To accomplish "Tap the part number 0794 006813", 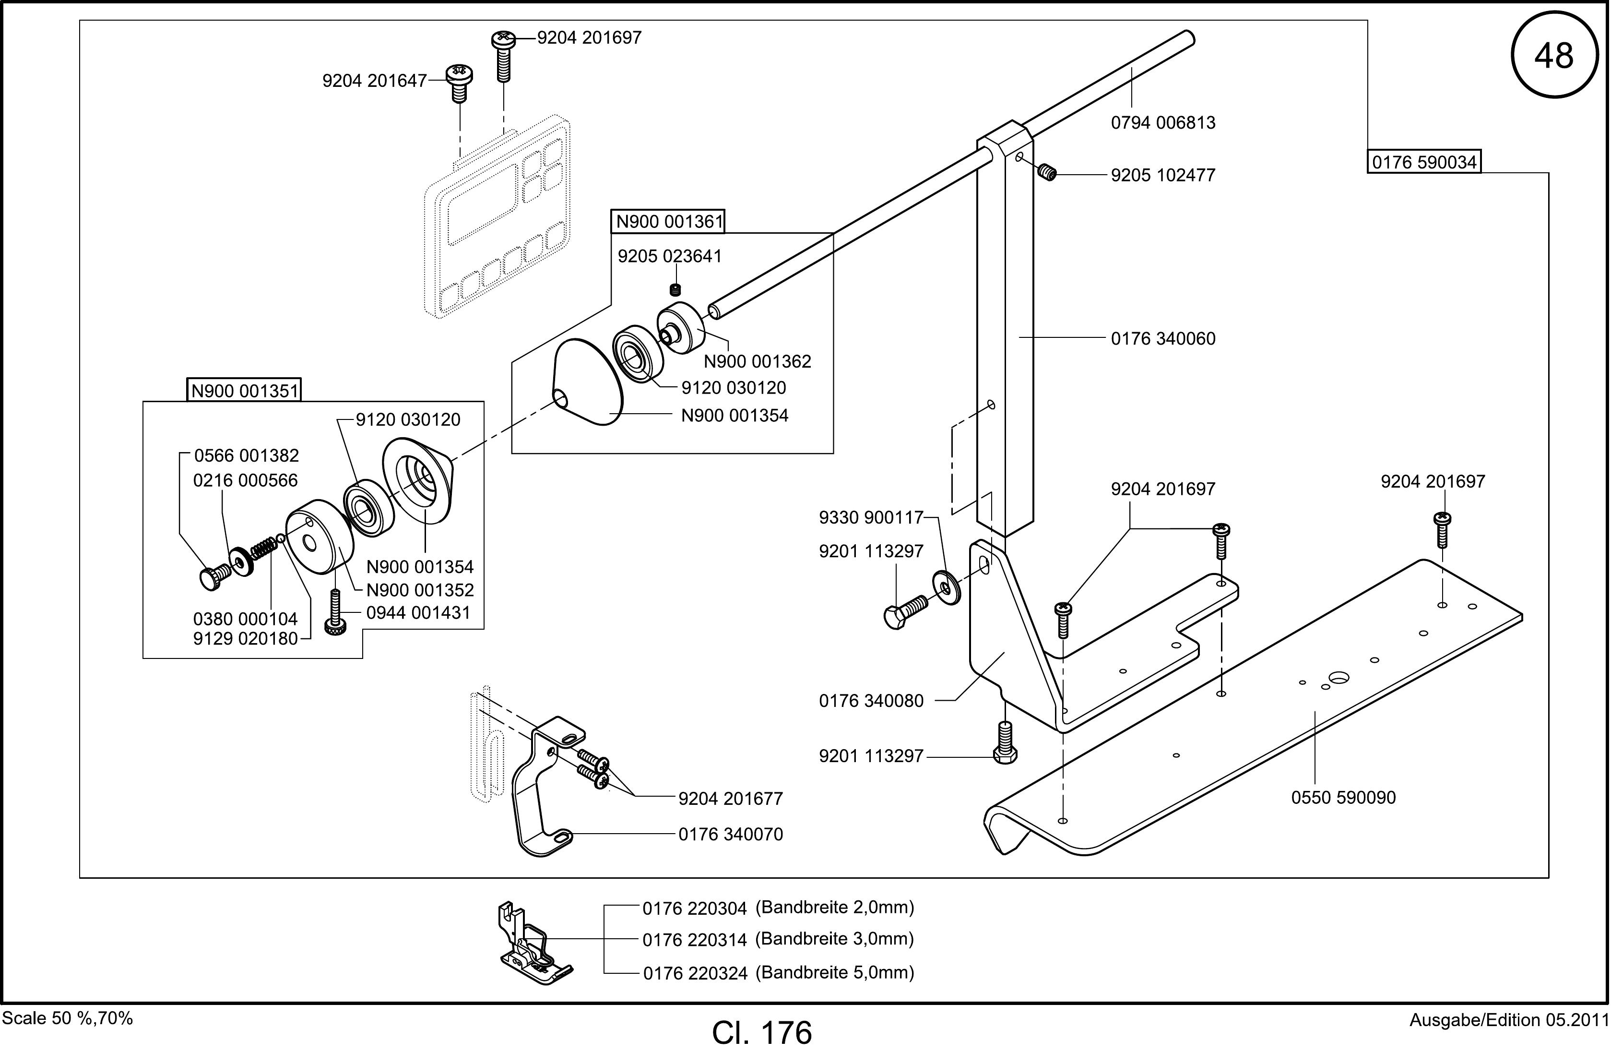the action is [1163, 122].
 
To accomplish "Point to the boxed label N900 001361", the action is [669, 221].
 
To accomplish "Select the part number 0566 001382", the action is [247, 455].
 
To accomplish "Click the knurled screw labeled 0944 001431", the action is [334, 612].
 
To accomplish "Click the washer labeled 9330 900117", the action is [946, 587].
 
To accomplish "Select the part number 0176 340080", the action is [871, 701].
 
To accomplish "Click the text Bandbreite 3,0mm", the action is [835, 939].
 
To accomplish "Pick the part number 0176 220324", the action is [695, 973].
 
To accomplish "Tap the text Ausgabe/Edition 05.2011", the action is [1509, 1019].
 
